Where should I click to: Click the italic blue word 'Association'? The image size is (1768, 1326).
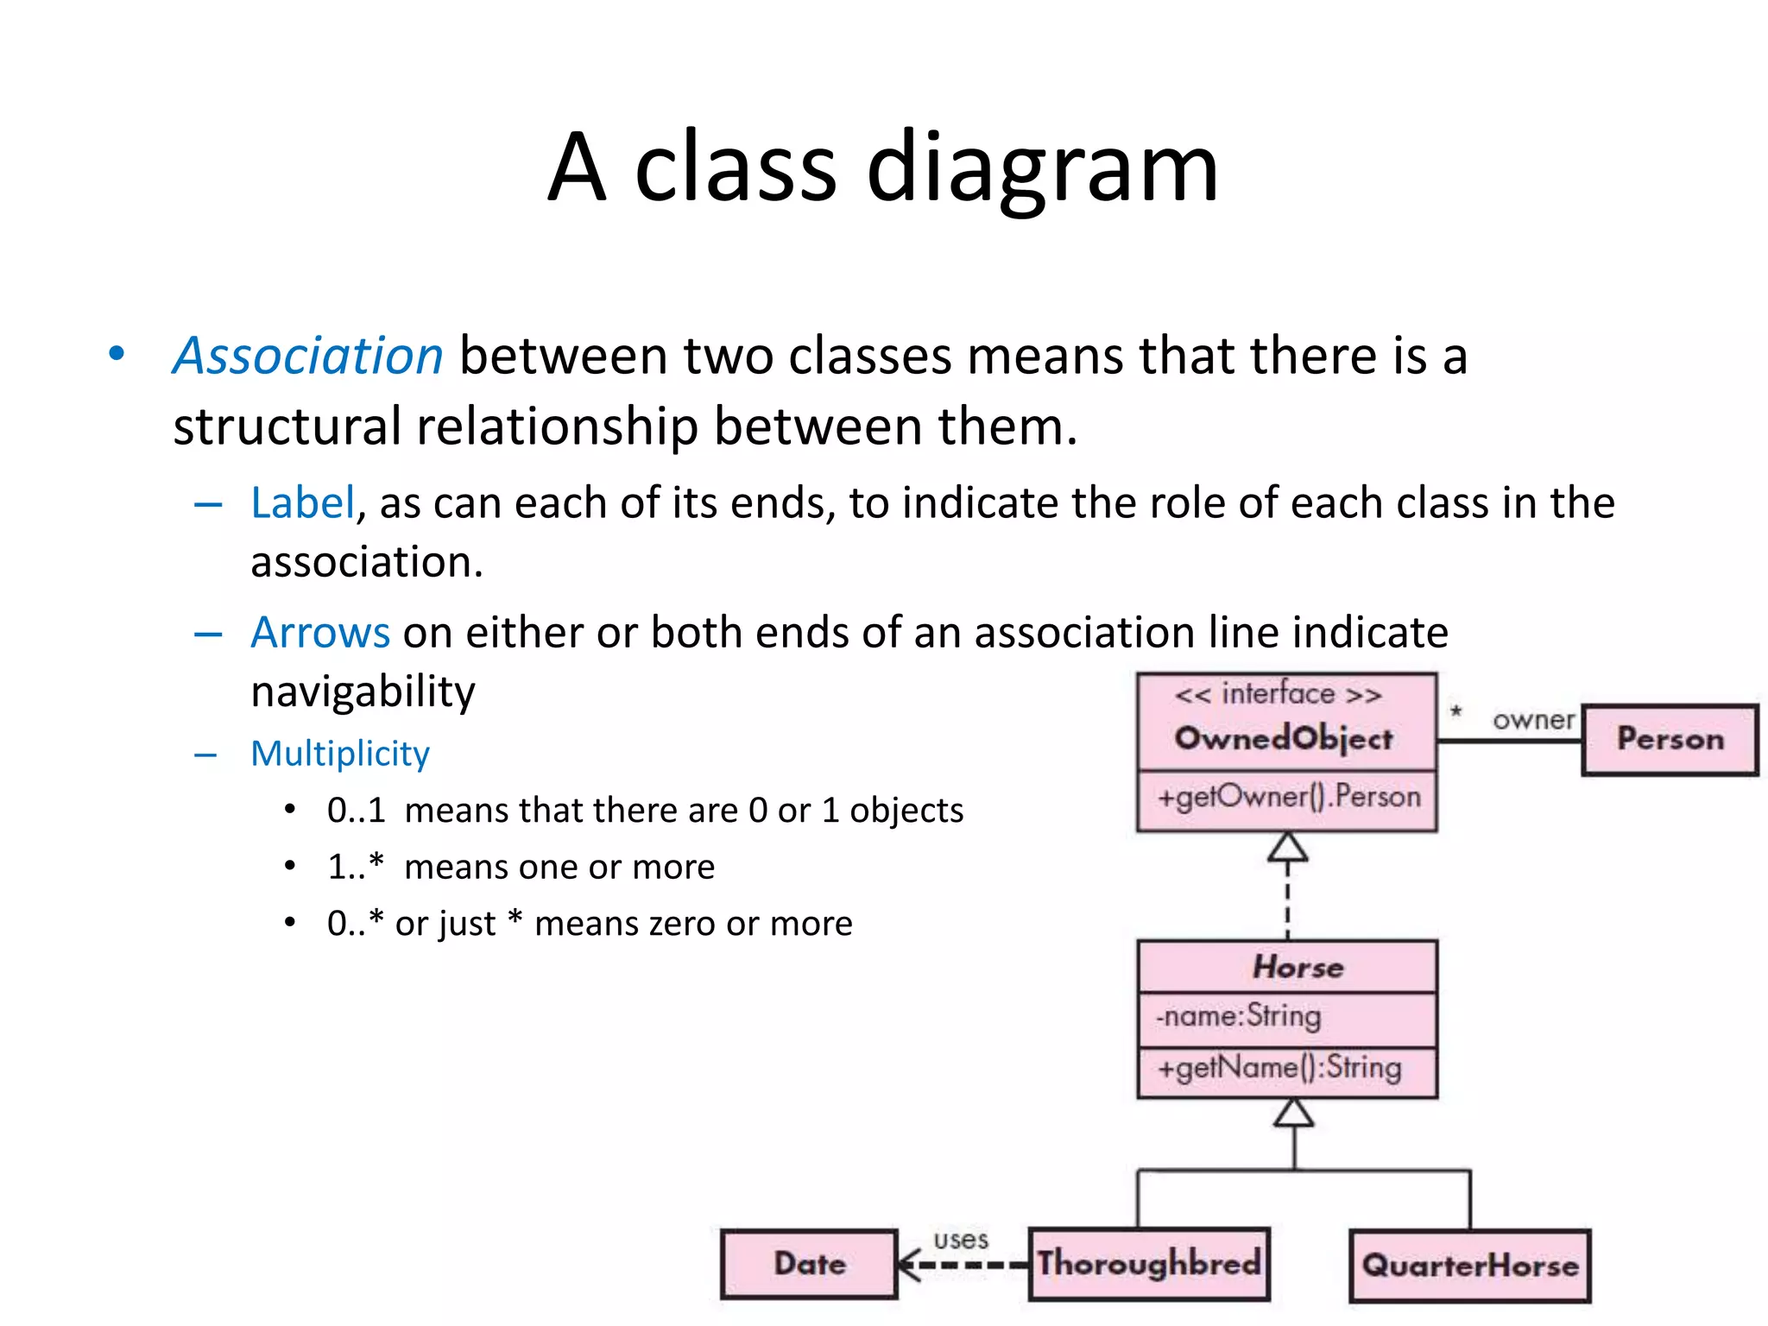click(x=308, y=356)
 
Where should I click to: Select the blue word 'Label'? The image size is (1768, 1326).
click(x=303, y=502)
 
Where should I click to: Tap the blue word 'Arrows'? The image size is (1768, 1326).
click(x=320, y=632)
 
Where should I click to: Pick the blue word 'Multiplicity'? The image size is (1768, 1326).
click(x=340, y=753)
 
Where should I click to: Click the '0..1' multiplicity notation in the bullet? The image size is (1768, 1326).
click(x=356, y=810)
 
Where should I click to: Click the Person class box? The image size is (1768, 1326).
click(x=1670, y=739)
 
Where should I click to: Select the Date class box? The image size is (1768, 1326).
click(x=810, y=1264)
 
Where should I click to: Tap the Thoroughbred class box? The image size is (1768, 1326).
click(x=1149, y=1264)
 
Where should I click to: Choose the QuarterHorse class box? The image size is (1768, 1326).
click(x=1470, y=1266)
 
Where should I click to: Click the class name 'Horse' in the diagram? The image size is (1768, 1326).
click(x=1298, y=967)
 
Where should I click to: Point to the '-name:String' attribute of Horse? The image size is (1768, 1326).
click(x=1239, y=1016)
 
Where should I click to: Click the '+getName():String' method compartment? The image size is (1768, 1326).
click(x=1279, y=1069)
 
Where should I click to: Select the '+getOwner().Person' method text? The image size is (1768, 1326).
click(x=1289, y=796)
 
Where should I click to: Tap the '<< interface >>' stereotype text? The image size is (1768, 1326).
click(x=1279, y=694)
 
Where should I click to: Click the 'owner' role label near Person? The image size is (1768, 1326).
click(x=1533, y=719)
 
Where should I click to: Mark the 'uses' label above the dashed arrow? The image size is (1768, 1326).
click(x=961, y=1240)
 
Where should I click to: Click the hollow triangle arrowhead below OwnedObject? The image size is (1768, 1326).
click(x=1287, y=848)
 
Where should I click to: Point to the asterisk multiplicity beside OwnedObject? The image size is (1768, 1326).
click(x=1455, y=712)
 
